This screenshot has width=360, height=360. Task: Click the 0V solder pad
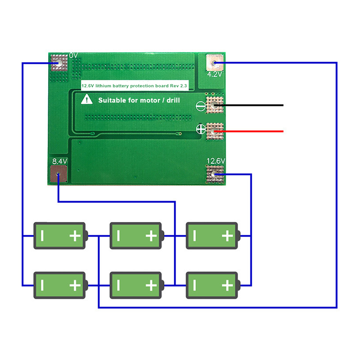(59, 63)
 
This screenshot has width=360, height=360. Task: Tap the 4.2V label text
(215, 74)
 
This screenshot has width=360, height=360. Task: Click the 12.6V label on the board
(216, 161)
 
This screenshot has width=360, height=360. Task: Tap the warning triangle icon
(86, 99)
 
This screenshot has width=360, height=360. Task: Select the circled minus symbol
(201, 106)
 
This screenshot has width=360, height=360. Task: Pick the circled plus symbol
(201, 130)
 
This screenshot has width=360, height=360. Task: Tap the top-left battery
(60, 235)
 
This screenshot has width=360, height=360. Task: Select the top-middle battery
(136, 235)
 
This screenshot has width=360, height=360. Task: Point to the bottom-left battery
(60, 285)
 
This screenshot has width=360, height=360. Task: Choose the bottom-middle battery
(136, 285)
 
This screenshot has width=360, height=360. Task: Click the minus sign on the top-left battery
(42, 235)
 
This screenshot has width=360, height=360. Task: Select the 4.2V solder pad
(214, 63)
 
